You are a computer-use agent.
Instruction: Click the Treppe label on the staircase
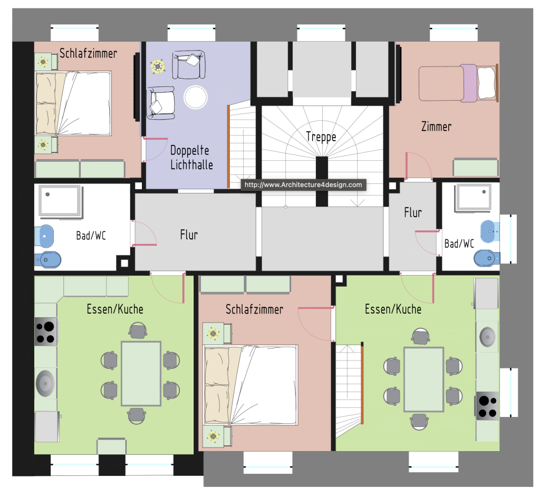(321, 137)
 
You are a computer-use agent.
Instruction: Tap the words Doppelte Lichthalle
(191, 157)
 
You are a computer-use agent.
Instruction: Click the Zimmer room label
(436, 126)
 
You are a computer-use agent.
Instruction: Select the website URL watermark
(303, 185)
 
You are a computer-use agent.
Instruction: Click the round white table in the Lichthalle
(196, 98)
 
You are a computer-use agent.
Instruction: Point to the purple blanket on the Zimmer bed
(469, 83)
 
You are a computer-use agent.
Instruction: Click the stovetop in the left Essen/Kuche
(45, 332)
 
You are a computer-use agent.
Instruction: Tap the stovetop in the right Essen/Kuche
(487, 406)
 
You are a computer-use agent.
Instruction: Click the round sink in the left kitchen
(45, 383)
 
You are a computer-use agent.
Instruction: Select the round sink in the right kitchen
(488, 337)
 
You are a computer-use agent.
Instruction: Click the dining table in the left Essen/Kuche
(141, 374)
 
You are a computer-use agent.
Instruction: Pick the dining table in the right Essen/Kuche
(423, 379)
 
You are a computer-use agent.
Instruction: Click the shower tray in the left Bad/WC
(61, 201)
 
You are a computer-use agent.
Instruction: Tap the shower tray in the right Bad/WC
(473, 198)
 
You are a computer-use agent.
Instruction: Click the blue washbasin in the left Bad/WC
(44, 236)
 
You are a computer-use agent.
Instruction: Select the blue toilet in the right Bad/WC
(487, 258)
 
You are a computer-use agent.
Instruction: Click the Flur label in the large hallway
(189, 235)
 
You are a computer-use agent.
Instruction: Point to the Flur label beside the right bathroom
(412, 212)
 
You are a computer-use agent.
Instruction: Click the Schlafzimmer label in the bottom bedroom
(254, 309)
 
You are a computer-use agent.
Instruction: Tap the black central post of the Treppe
(322, 181)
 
